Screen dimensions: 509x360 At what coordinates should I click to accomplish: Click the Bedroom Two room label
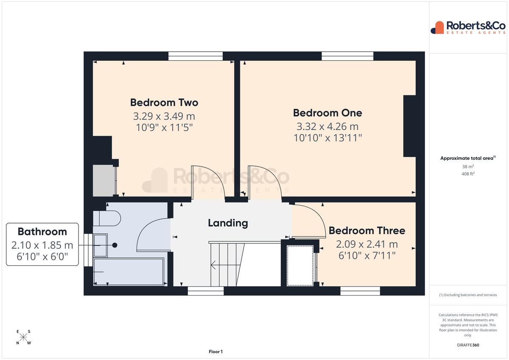click(x=164, y=103)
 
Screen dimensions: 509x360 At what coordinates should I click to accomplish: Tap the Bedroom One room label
click(x=327, y=113)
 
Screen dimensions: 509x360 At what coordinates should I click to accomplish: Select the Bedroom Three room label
click(x=367, y=231)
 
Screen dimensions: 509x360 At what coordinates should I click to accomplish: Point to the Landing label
click(x=228, y=223)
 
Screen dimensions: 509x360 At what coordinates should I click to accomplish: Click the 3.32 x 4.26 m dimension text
click(x=327, y=126)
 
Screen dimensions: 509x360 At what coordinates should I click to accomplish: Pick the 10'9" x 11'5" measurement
click(x=164, y=127)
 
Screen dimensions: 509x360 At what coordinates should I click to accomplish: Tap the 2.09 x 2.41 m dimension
click(x=367, y=244)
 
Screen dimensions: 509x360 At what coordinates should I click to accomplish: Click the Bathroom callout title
click(x=42, y=232)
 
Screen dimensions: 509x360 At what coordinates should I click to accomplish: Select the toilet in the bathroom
click(x=107, y=218)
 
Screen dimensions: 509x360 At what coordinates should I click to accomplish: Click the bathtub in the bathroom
click(x=129, y=272)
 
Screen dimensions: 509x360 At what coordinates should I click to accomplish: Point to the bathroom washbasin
click(x=100, y=246)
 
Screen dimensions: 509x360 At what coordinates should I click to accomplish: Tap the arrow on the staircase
click(x=225, y=265)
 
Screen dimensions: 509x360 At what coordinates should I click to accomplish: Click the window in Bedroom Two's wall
click(x=196, y=56)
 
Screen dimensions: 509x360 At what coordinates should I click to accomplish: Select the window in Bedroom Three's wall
click(x=360, y=291)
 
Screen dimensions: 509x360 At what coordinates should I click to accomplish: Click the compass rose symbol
click(x=23, y=337)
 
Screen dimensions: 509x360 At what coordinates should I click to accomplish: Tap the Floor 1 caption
click(x=215, y=352)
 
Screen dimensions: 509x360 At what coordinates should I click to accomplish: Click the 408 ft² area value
click(x=468, y=174)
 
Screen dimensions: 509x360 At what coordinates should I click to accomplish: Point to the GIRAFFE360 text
click(x=468, y=345)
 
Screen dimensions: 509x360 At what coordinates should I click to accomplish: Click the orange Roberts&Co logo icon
click(x=437, y=28)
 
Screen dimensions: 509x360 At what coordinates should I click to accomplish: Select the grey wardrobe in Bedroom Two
click(x=104, y=181)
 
